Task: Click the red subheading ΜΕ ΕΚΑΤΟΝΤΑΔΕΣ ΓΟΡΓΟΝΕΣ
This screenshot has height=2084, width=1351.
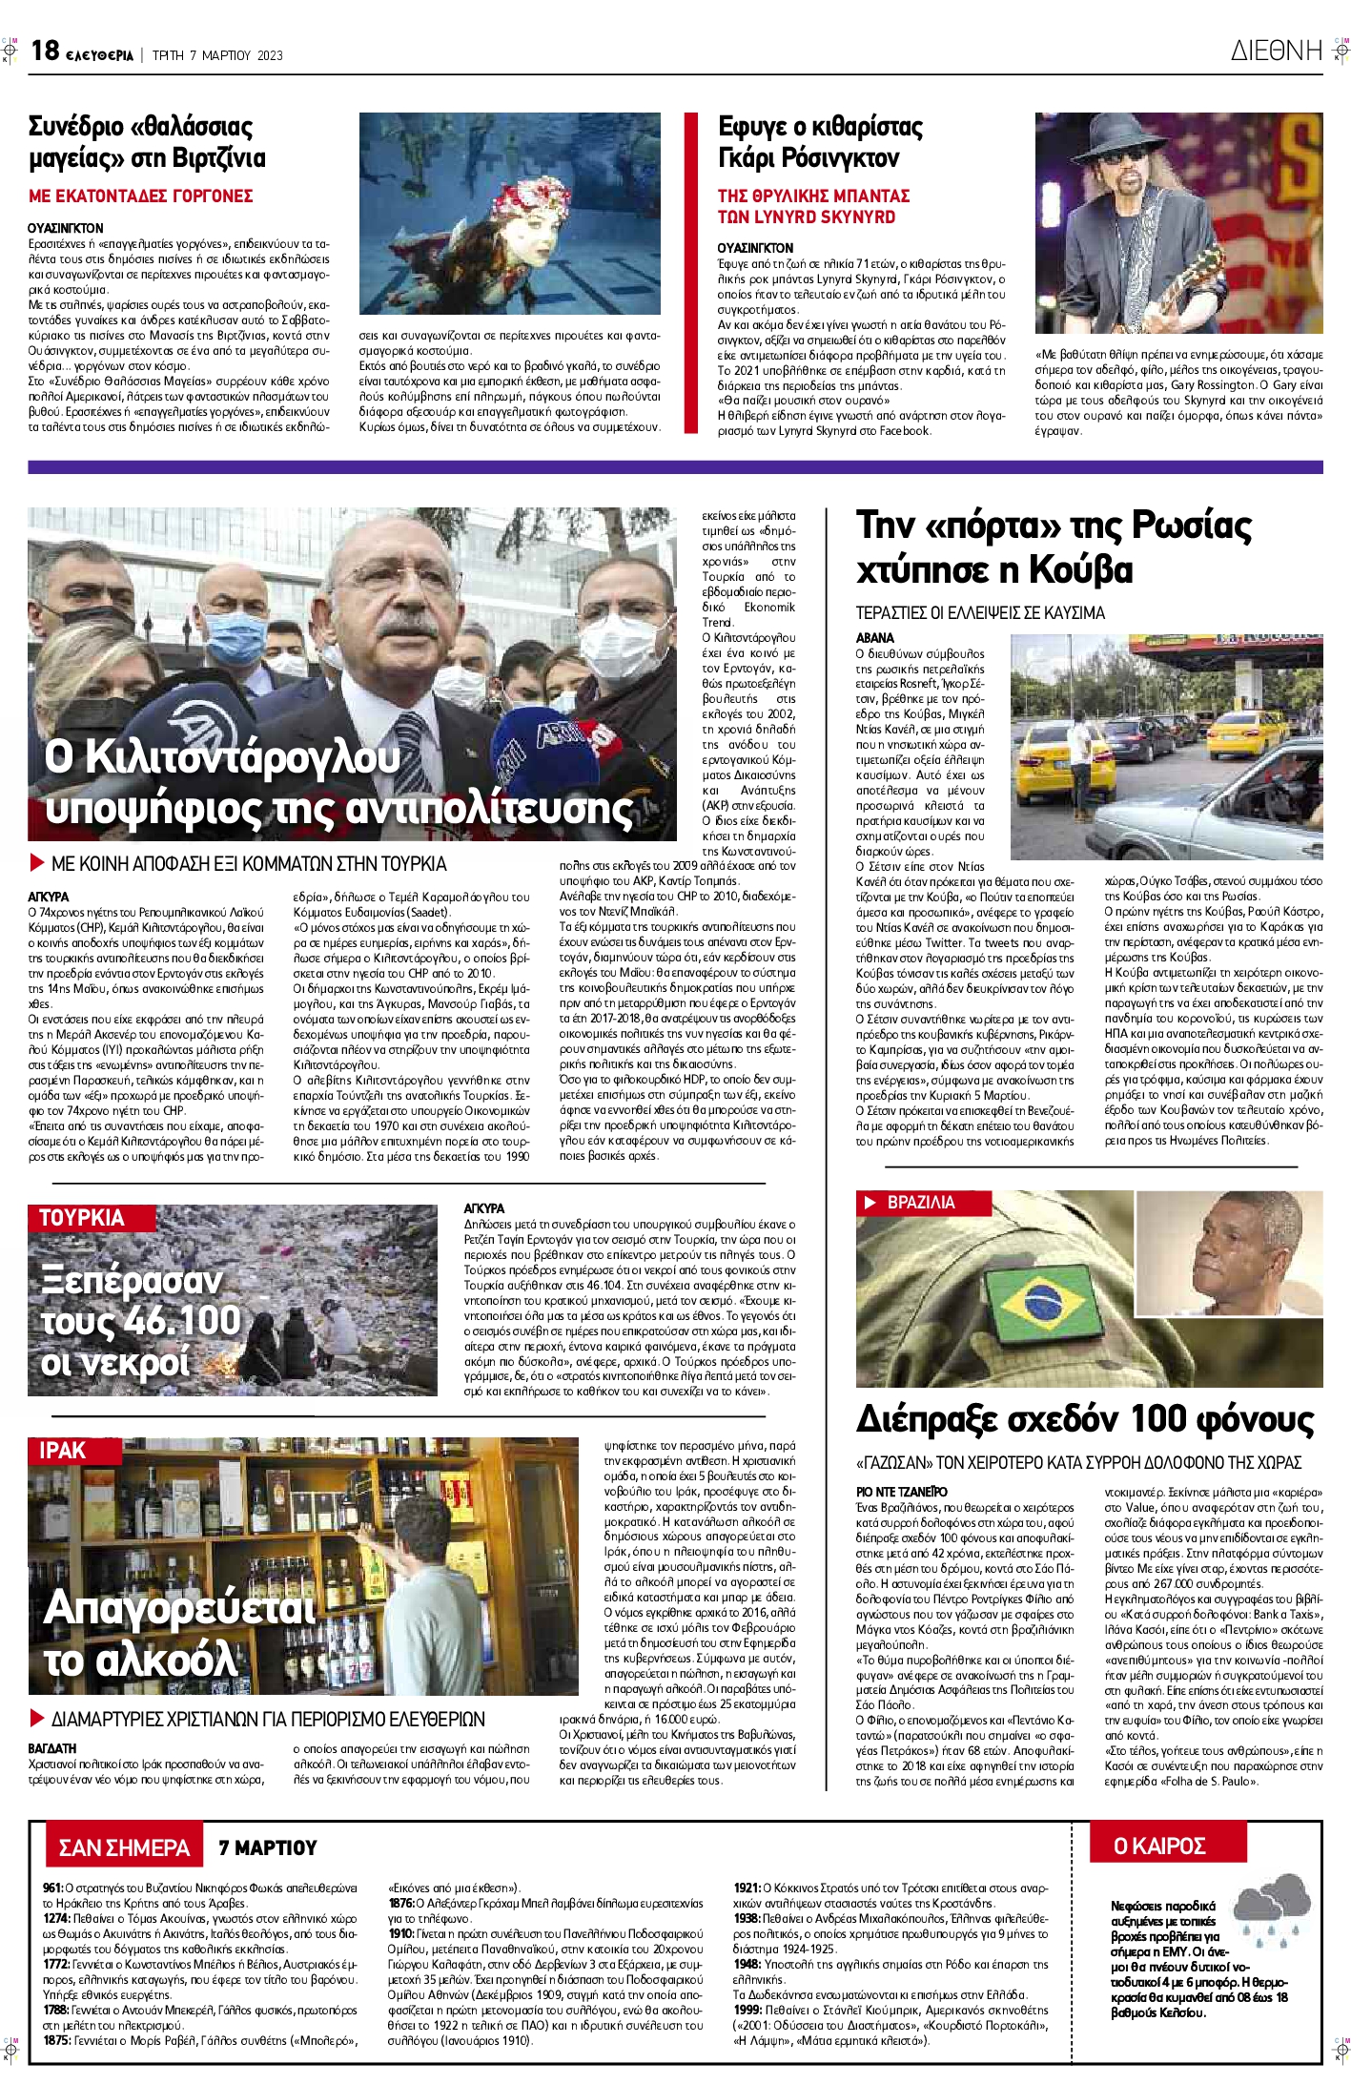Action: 140,196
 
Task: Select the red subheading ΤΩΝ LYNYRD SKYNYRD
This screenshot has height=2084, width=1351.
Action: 806,217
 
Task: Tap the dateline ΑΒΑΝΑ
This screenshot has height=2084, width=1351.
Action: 875,638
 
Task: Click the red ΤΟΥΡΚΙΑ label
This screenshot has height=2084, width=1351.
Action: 82,1218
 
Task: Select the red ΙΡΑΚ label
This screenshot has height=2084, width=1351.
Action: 63,1451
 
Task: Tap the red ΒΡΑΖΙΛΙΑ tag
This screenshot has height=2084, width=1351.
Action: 920,1203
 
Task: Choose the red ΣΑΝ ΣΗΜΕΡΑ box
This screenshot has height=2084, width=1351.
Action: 124,1848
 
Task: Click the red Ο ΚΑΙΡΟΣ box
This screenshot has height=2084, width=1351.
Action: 1159,1847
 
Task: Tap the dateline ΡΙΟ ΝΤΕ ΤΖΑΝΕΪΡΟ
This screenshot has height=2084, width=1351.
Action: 901,1492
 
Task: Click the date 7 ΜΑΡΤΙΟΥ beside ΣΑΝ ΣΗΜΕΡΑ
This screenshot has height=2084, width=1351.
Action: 267,1848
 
